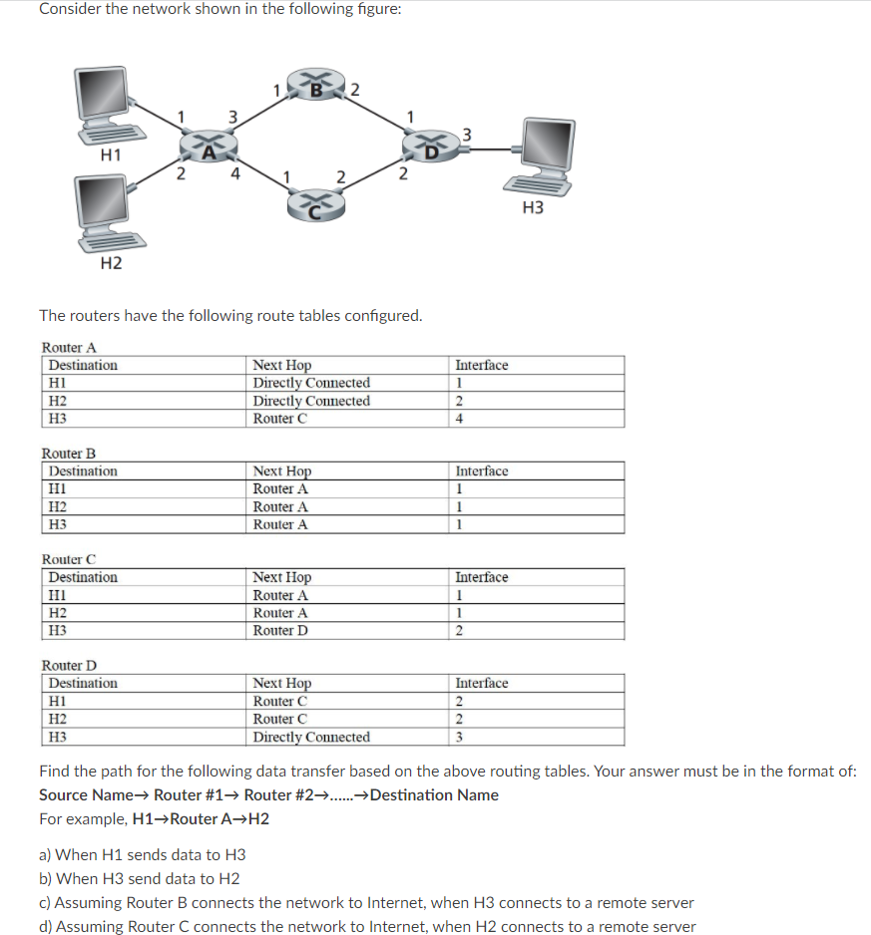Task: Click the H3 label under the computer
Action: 533,207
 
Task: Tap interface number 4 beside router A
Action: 234,171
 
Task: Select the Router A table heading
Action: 69,347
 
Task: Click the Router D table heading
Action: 69,665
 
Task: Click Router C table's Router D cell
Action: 280,630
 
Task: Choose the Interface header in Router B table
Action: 482,470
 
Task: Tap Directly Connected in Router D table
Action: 311,737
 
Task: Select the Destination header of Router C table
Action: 83,577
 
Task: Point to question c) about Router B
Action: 366,902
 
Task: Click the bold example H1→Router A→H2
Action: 201,819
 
